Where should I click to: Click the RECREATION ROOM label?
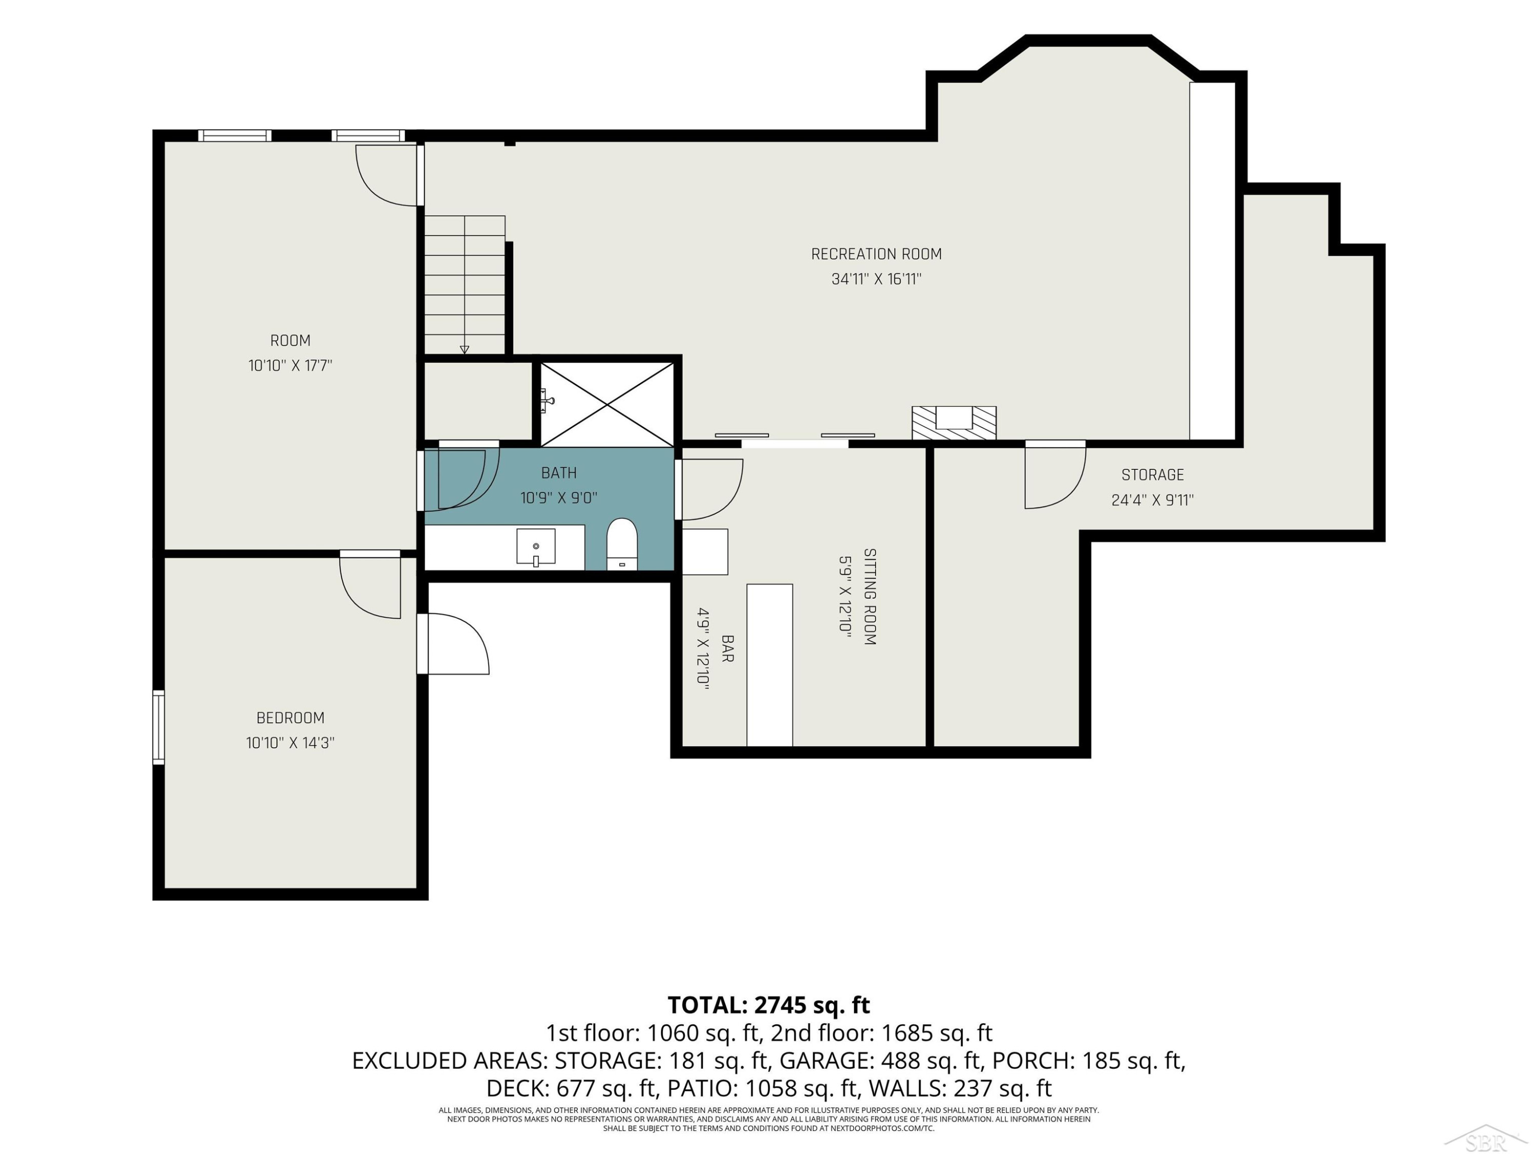click(876, 254)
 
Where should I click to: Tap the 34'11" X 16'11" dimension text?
click(876, 279)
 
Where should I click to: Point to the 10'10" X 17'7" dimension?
click(290, 365)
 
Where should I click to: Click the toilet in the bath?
click(621, 544)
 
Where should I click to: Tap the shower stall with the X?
click(607, 404)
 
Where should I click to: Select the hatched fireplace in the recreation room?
click(954, 423)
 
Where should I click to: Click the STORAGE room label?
click(1152, 475)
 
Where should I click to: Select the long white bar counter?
click(770, 665)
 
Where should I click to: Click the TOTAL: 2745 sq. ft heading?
click(768, 1005)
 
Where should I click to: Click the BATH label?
click(558, 473)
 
